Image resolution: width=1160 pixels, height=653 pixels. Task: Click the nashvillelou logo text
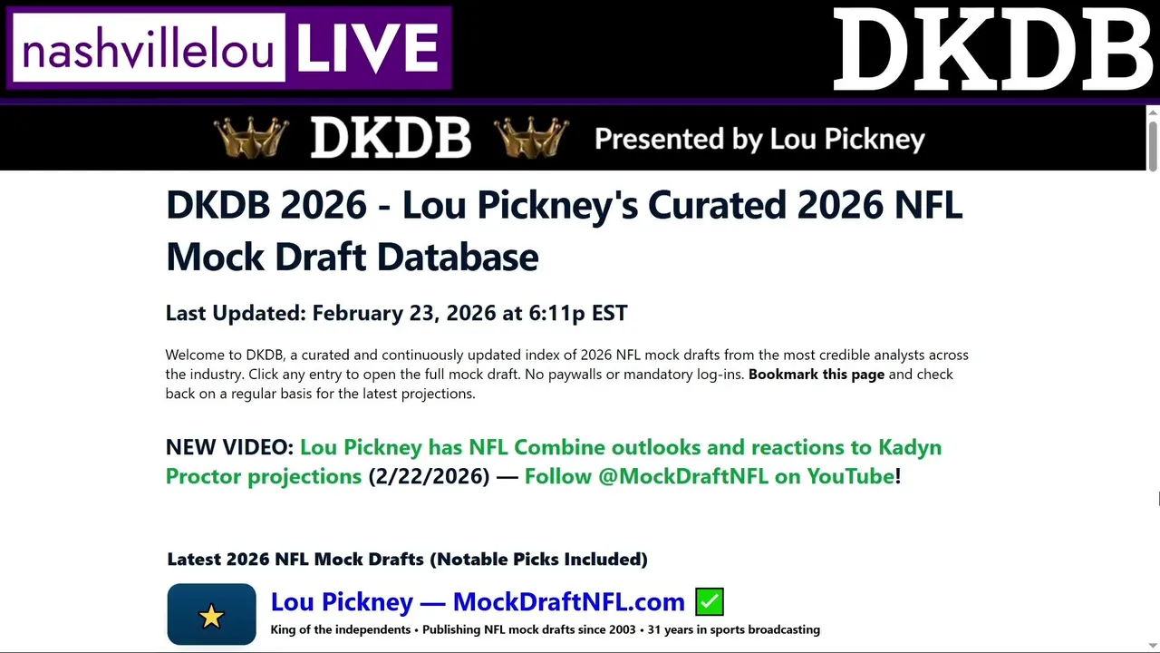click(x=148, y=49)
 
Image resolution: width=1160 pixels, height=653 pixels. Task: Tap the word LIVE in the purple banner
click(x=368, y=48)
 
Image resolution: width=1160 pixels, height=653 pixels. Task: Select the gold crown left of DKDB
click(x=251, y=137)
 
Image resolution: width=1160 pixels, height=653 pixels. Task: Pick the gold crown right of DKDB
click(x=531, y=137)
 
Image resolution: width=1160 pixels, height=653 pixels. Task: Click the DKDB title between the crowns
click(x=391, y=137)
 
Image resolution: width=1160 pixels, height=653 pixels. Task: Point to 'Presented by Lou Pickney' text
click(x=759, y=139)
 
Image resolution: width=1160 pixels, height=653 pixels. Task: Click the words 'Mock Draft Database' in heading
click(x=353, y=257)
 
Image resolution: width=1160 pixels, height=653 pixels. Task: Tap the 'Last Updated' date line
click(x=396, y=313)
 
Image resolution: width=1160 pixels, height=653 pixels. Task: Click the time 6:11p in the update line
click(x=556, y=313)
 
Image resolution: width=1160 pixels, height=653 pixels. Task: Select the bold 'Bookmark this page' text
click(x=817, y=375)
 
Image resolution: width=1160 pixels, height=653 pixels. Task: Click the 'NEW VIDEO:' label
click(x=229, y=447)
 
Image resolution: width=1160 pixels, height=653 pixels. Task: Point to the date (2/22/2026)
click(x=429, y=476)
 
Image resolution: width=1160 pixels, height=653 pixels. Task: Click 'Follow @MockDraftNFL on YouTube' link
click(x=710, y=476)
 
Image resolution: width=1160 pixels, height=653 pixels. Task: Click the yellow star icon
click(x=211, y=617)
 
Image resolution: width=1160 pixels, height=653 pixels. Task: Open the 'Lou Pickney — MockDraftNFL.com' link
click(x=478, y=601)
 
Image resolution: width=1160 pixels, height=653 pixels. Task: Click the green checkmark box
click(x=710, y=601)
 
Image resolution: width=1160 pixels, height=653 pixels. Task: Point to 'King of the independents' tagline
click(x=340, y=629)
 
